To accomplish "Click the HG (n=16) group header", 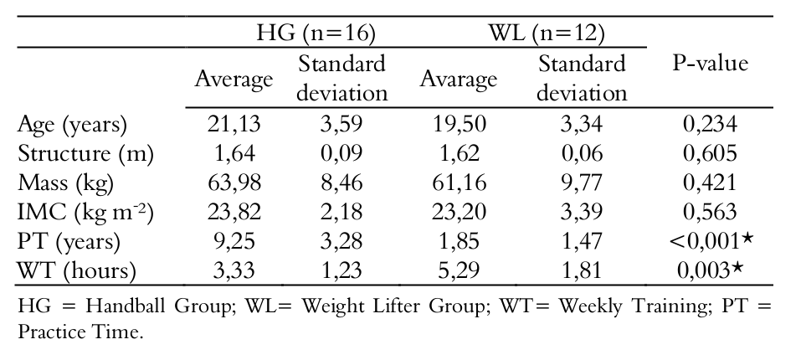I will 315,33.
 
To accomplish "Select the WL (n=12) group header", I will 547,33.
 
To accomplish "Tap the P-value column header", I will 710,64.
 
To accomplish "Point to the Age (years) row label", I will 73,125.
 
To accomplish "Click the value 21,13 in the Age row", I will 234,125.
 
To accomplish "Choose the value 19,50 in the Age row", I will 458,125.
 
